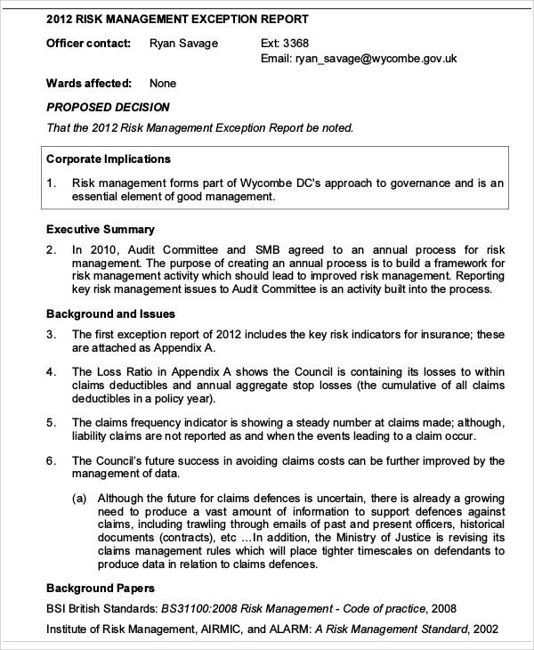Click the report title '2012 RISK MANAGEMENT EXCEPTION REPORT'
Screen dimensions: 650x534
tap(178, 18)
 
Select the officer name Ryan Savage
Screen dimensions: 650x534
tap(183, 43)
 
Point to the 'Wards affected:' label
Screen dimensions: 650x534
tap(89, 83)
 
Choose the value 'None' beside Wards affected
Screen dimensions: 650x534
tap(163, 83)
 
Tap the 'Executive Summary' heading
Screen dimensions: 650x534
tap(101, 229)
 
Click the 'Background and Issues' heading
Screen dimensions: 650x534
tap(110, 313)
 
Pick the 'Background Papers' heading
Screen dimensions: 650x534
tap(101, 589)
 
